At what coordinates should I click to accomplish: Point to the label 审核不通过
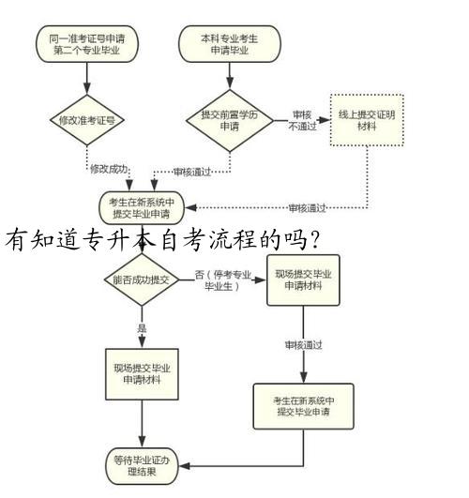coord(302,120)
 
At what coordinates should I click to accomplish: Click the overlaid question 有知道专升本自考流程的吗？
coord(163,240)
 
